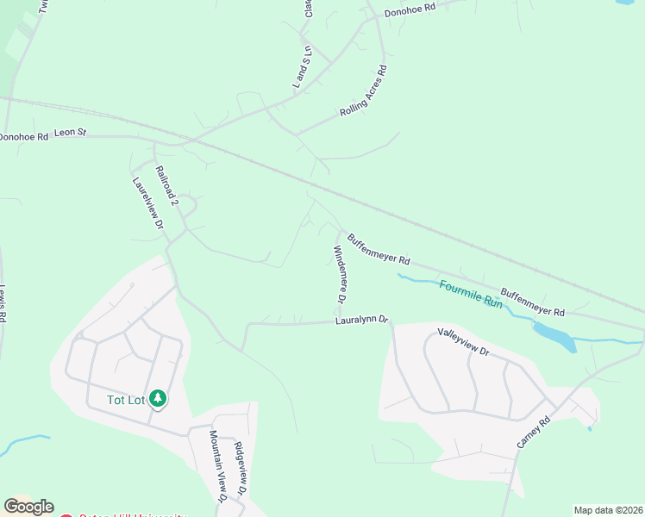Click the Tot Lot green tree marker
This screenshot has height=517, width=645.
pyautogui.click(x=157, y=398)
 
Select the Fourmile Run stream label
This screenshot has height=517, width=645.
pyautogui.click(x=471, y=294)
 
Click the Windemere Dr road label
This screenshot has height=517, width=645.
pyautogui.click(x=339, y=274)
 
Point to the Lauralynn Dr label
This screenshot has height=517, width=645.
pyautogui.click(x=362, y=321)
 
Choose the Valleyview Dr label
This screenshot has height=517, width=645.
pyautogui.click(x=463, y=342)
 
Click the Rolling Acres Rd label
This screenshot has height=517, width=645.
pyautogui.click(x=363, y=91)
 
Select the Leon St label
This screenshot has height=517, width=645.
pyautogui.click(x=71, y=133)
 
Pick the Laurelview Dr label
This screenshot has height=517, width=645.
pyautogui.click(x=148, y=203)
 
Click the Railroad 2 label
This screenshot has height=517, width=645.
pyautogui.click(x=166, y=184)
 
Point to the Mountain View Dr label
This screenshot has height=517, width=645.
pyautogui.click(x=218, y=465)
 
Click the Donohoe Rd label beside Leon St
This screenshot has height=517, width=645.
pyautogui.click(x=23, y=136)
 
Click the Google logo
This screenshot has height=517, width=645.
pyautogui.click(x=28, y=507)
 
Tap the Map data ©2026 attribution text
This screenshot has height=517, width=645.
pyautogui.click(x=608, y=510)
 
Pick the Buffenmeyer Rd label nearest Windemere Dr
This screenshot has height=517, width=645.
pyautogui.click(x=379, y=248)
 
